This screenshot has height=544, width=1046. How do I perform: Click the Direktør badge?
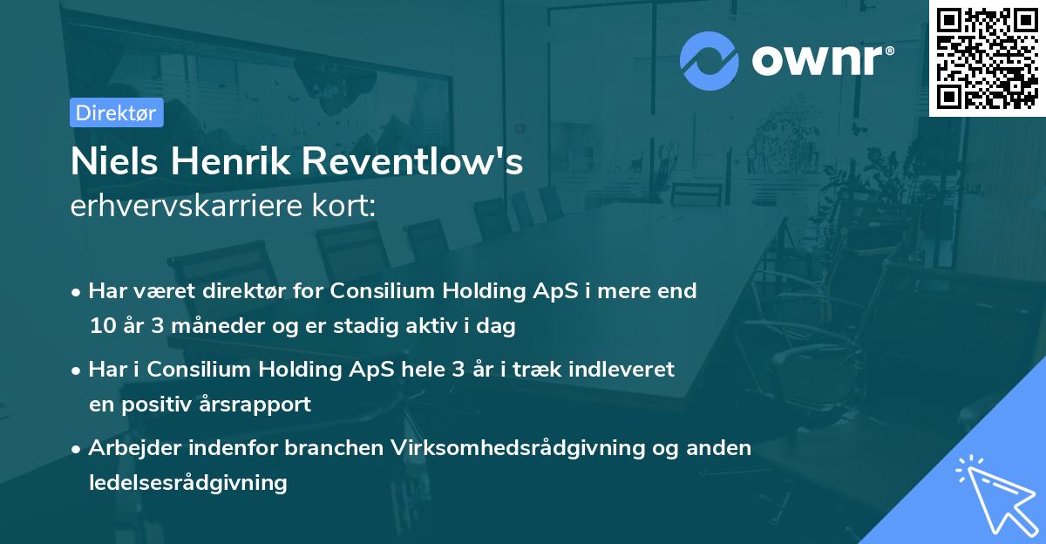pyautogui.click(x=116, y=112)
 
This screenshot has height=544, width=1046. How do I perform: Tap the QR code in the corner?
pyautogui.click(x=987, y=58)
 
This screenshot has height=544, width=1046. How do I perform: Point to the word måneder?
pyautogui.click(x=207, y=327)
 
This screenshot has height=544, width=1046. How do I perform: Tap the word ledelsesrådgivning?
pyautogui.click(x=187, y=482)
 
